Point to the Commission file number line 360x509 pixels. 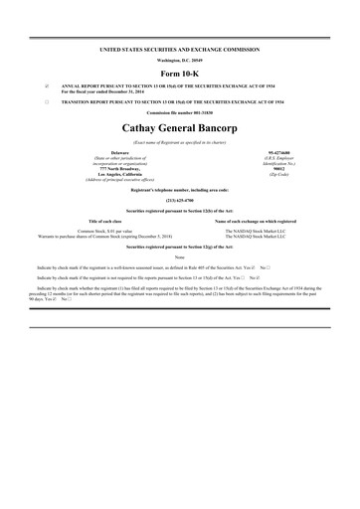pyautogui.click(x=179, y=113)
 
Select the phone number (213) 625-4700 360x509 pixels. pyautogui.click(x=179, y=198)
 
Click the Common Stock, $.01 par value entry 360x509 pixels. pyautogui.click(x=100, y=230)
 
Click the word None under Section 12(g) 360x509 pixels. pyautogui.click(x=179, y=256)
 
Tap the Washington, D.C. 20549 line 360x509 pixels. pyautogui.click(x=179, y=60)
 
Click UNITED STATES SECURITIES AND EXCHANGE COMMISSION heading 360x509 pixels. pyautogui.click(x=179, y=49)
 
